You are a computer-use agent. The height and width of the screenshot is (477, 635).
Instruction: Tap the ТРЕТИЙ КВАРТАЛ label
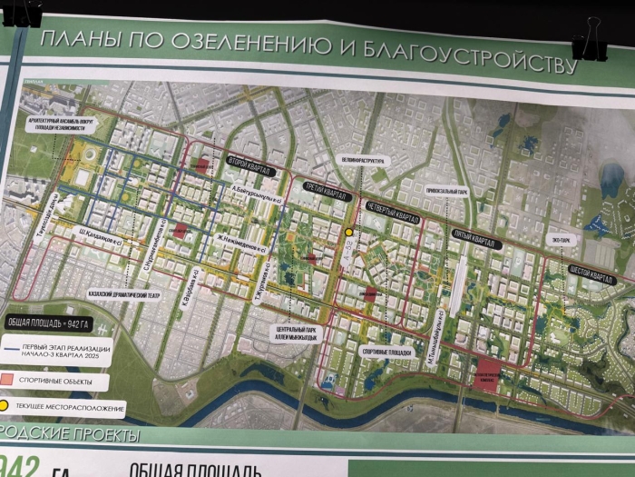(x=323, y=194)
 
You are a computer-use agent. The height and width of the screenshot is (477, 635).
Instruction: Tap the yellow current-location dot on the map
(x=349, y=233)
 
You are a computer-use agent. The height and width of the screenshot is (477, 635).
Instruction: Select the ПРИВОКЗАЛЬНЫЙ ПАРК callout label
(x=445, y=192)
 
